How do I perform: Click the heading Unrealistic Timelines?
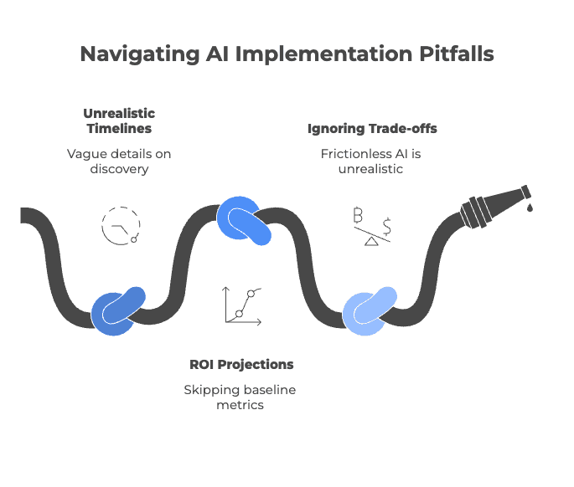119,120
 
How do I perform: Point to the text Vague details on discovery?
119,161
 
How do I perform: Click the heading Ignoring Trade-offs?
372,129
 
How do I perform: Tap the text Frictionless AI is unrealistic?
372,161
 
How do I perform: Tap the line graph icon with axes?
241,305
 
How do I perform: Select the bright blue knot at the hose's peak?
244,222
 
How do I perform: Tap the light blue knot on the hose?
370,310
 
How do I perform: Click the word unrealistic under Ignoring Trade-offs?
372,170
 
